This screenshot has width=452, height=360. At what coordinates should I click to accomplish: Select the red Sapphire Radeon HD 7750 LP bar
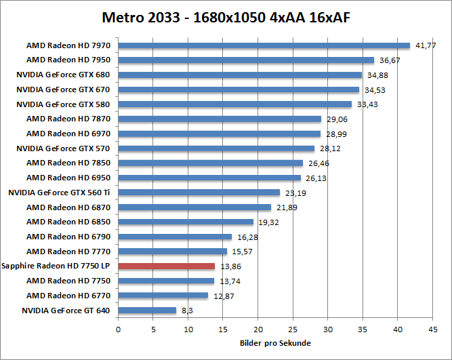pyautogui.click(x=167, y=266)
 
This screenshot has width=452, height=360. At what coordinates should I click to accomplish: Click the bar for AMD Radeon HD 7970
pyautogui.click(x=264, y=45)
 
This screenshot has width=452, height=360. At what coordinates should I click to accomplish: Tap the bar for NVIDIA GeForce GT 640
pyautogui.click(x=147, y=311)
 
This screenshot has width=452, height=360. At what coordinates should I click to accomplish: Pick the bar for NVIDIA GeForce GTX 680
pyautogui.click(x=240, y=75)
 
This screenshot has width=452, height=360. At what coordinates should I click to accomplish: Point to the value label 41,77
pyautogui.click(x=426, y=45)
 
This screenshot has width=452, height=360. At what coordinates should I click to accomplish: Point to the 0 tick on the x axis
pyautogui.click(x=119, y=330)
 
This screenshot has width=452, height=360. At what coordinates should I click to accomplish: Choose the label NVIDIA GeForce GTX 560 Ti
pyautogui.click(x=59, y=193)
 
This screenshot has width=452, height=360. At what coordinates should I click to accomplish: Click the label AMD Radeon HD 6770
pyautogui.click(x=68, y=296)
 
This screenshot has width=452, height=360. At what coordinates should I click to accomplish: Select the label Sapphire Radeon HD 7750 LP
pyautogui.click(x=57, y=266)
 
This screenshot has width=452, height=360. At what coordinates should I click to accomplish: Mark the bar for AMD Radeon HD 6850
pyautogui.click(x=186, y=222)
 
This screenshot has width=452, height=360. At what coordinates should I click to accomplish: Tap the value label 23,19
pyautogui.click(x=295, y=193)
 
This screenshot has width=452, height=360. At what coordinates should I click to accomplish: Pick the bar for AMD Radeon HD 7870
pyautogui.click(x=220, y=119)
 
